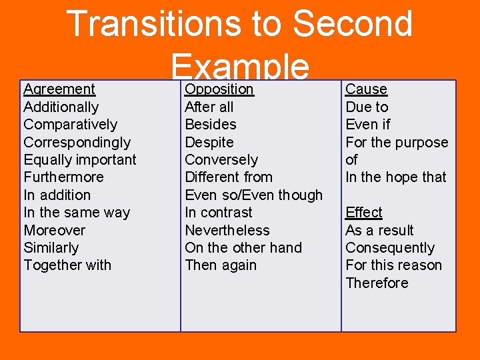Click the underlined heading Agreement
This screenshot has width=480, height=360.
[59, 89]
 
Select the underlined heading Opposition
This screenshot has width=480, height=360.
[219, 89]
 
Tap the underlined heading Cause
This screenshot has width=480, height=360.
[366, 89]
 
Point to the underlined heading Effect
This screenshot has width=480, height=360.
[363, 213]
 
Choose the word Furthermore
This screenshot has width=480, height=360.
[63, 177]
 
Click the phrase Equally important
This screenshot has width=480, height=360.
[79, 160]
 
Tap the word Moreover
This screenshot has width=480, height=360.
[54, 231]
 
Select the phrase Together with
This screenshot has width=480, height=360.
[67, 265]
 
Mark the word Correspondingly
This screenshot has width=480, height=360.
[77, 142]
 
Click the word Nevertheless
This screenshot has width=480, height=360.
[227, 231]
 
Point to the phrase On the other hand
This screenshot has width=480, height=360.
[243, 248]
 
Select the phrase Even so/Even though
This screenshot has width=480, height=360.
[253, 195]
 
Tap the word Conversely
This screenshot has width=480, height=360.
[221, 160]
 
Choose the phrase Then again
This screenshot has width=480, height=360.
[220, 265]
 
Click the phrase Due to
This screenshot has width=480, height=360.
[367, 107]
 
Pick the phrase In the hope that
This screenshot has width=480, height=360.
[395, 177]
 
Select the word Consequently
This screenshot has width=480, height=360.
[389, 248]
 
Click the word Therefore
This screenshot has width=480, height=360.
[377, 283]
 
